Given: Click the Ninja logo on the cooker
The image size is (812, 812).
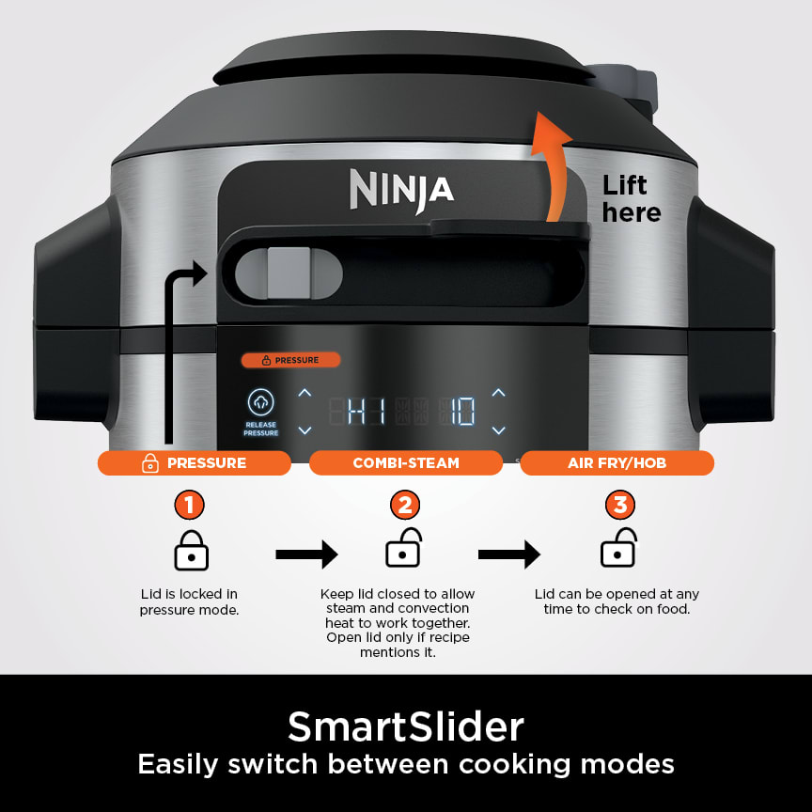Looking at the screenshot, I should pyautogui.click(x=401, y=189).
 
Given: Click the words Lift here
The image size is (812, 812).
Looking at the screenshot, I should pyautogui.click(x=632, y=198).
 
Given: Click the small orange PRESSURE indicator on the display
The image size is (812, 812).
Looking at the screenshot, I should pyautogui.click(x=290, y=360).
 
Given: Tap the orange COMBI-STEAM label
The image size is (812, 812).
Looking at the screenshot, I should pyautogui.click(x=406, y=462).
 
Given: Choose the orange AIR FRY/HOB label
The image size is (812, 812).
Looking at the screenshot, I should pyautogui.click(x=617, y=462).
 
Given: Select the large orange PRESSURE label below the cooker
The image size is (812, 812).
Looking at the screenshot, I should pyautogui.click(x=195, y=462).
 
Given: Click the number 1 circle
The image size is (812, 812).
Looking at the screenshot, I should pyautogui.click(x=190, y=506).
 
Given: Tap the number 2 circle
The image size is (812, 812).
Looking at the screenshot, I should pyautogui.click(x=404, y=506).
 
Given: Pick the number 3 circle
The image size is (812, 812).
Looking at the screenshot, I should pyautogui.click(x=619, y=506).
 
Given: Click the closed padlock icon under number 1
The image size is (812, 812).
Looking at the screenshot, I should pyautogui.click(x=191, y=551).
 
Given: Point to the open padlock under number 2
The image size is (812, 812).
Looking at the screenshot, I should pyautogui.click(x=404, y=549).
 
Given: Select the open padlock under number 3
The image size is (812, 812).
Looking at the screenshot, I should pyautogui.click(x=618, y=549).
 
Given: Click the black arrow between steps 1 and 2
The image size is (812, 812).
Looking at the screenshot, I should pyautogui.click(x=306, y=554).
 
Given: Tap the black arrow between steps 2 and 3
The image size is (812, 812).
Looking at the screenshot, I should pyautogui.click(x=509, y=554).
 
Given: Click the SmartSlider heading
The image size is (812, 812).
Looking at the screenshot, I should pyautogui.click(x=406, y=726).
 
